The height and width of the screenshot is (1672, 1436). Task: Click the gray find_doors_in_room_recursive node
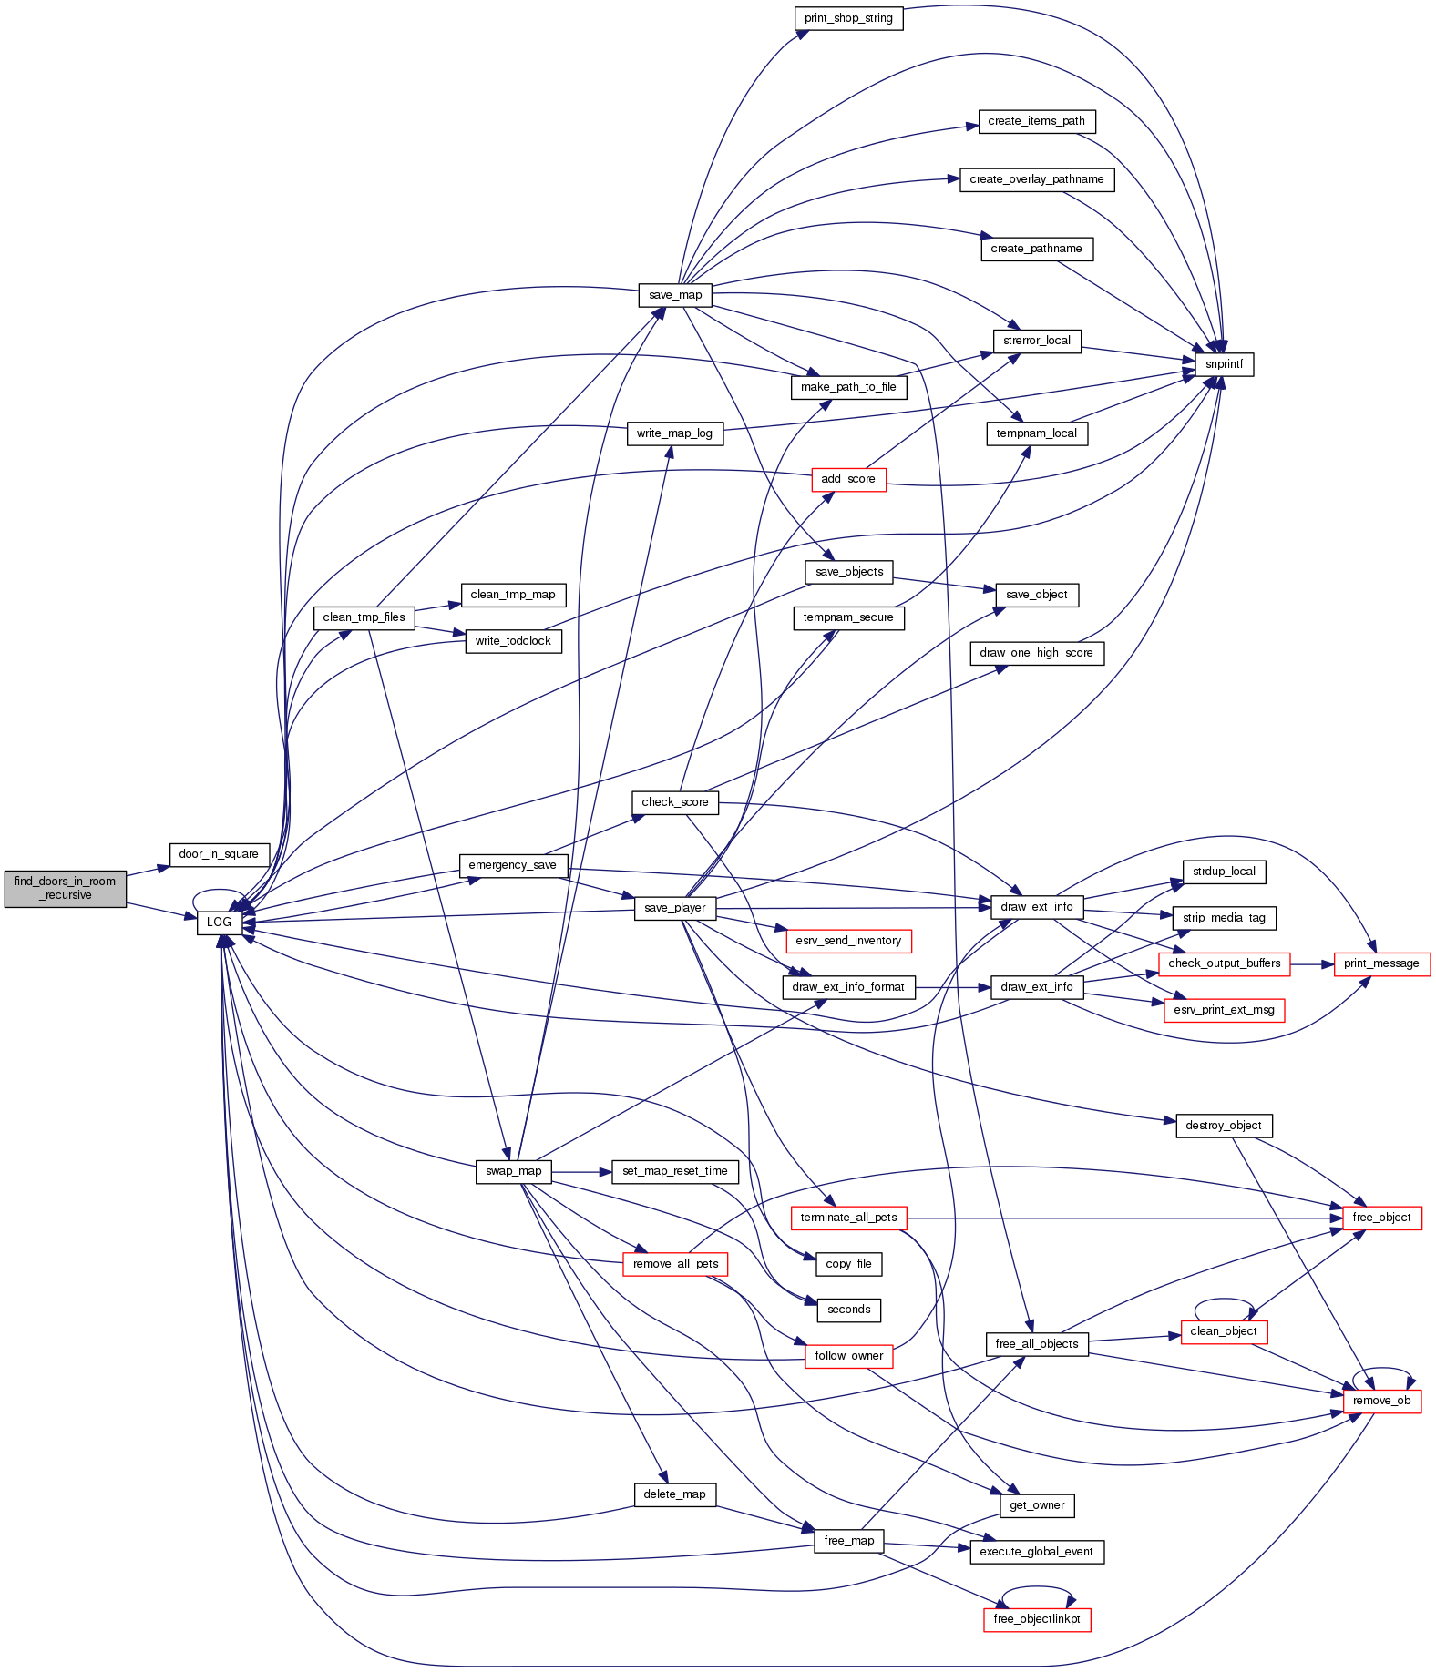click(x=65, y=888)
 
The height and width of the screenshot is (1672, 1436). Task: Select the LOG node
click(x=219, y=922)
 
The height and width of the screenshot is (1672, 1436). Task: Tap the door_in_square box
click(x=219, y=854)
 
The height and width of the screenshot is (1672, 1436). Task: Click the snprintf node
click(x=1224, y=364)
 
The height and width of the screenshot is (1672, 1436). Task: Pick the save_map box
click(x=675, y=295)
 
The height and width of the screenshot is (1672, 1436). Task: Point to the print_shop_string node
click(x=848, y=18)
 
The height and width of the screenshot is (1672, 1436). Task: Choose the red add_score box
click(x=848, y=479)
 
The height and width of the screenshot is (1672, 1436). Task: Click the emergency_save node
click(x=512, y=865)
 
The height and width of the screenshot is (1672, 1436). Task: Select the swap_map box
click(x=514, y=1171)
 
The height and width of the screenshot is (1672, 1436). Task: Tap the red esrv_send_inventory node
click(x=848, y=941)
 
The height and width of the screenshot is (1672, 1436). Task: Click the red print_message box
click(x=1381, y=963)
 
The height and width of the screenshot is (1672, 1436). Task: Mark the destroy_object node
click(x=1223, y=1126)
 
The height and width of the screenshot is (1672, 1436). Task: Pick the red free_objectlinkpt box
click(x=1037, y=1618)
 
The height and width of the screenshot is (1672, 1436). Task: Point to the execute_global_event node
click(x=1037, y=1552)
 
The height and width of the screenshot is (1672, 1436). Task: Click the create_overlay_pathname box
click(x=1037, y=179)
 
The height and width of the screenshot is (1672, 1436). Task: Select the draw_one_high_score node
click(x=1037, y=653)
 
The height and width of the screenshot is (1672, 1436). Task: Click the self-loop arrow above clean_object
click(x=1224, y=1300)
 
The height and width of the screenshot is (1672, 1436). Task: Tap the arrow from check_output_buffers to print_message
click(x=1312, y=963)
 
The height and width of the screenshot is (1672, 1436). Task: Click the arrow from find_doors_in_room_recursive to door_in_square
click(x=148, y=871)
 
